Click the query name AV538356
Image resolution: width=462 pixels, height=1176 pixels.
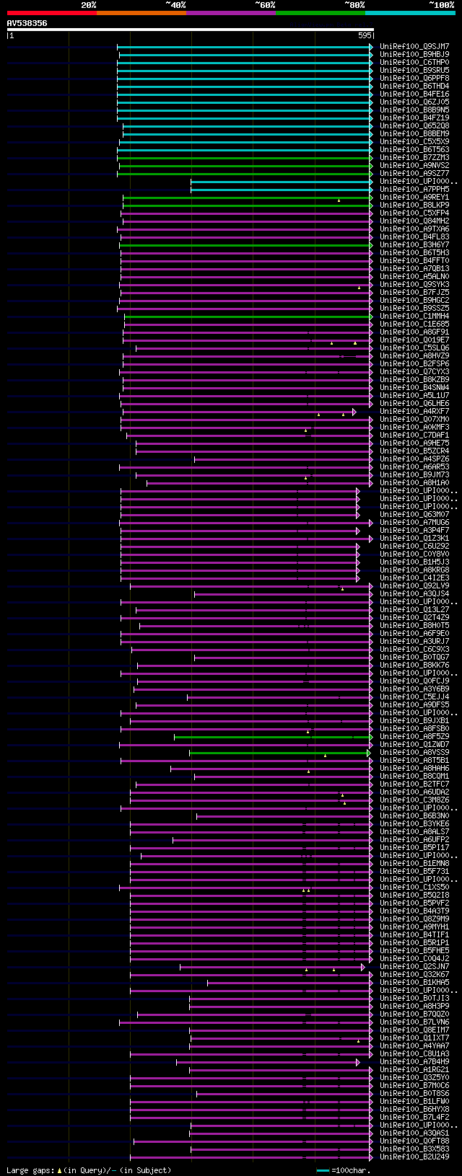(27, 23)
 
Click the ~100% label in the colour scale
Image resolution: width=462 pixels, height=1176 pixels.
(441, 5)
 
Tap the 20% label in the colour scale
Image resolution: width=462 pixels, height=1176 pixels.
(88, 5)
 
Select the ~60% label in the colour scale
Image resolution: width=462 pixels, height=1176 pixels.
(265, 5)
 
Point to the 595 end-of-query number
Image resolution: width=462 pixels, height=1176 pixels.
(365, 35)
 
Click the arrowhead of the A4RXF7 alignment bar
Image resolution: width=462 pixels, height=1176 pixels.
(354, 412)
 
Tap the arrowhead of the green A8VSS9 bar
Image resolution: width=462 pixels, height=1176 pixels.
(369, 753)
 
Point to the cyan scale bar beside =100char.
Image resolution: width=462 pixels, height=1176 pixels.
(323, 1170)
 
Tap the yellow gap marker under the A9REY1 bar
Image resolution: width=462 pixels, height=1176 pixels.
(339, 200)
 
